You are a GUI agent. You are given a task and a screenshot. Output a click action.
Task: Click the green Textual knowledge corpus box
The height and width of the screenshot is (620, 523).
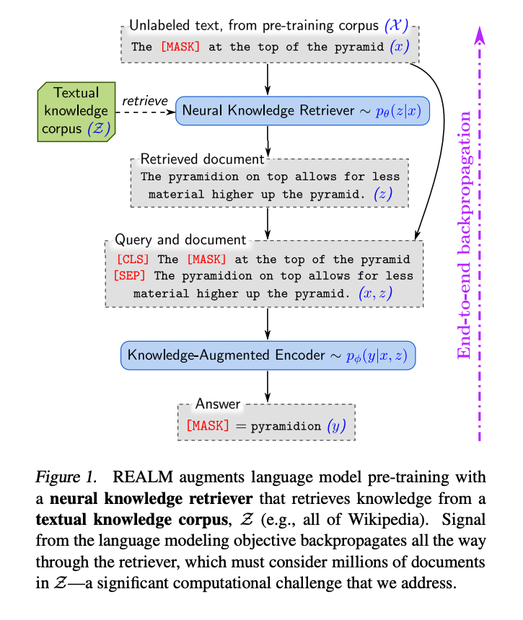75,111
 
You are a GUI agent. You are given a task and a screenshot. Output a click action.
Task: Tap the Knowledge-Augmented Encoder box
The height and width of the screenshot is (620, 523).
268,355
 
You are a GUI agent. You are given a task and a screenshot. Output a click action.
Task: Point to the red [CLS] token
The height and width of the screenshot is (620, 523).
133,260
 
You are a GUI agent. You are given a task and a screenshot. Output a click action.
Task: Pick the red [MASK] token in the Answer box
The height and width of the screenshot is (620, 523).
207,425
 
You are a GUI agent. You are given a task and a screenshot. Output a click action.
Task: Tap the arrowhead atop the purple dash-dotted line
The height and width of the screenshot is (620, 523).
478,32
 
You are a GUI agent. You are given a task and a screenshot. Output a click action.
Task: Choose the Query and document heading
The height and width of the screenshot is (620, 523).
180,240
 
